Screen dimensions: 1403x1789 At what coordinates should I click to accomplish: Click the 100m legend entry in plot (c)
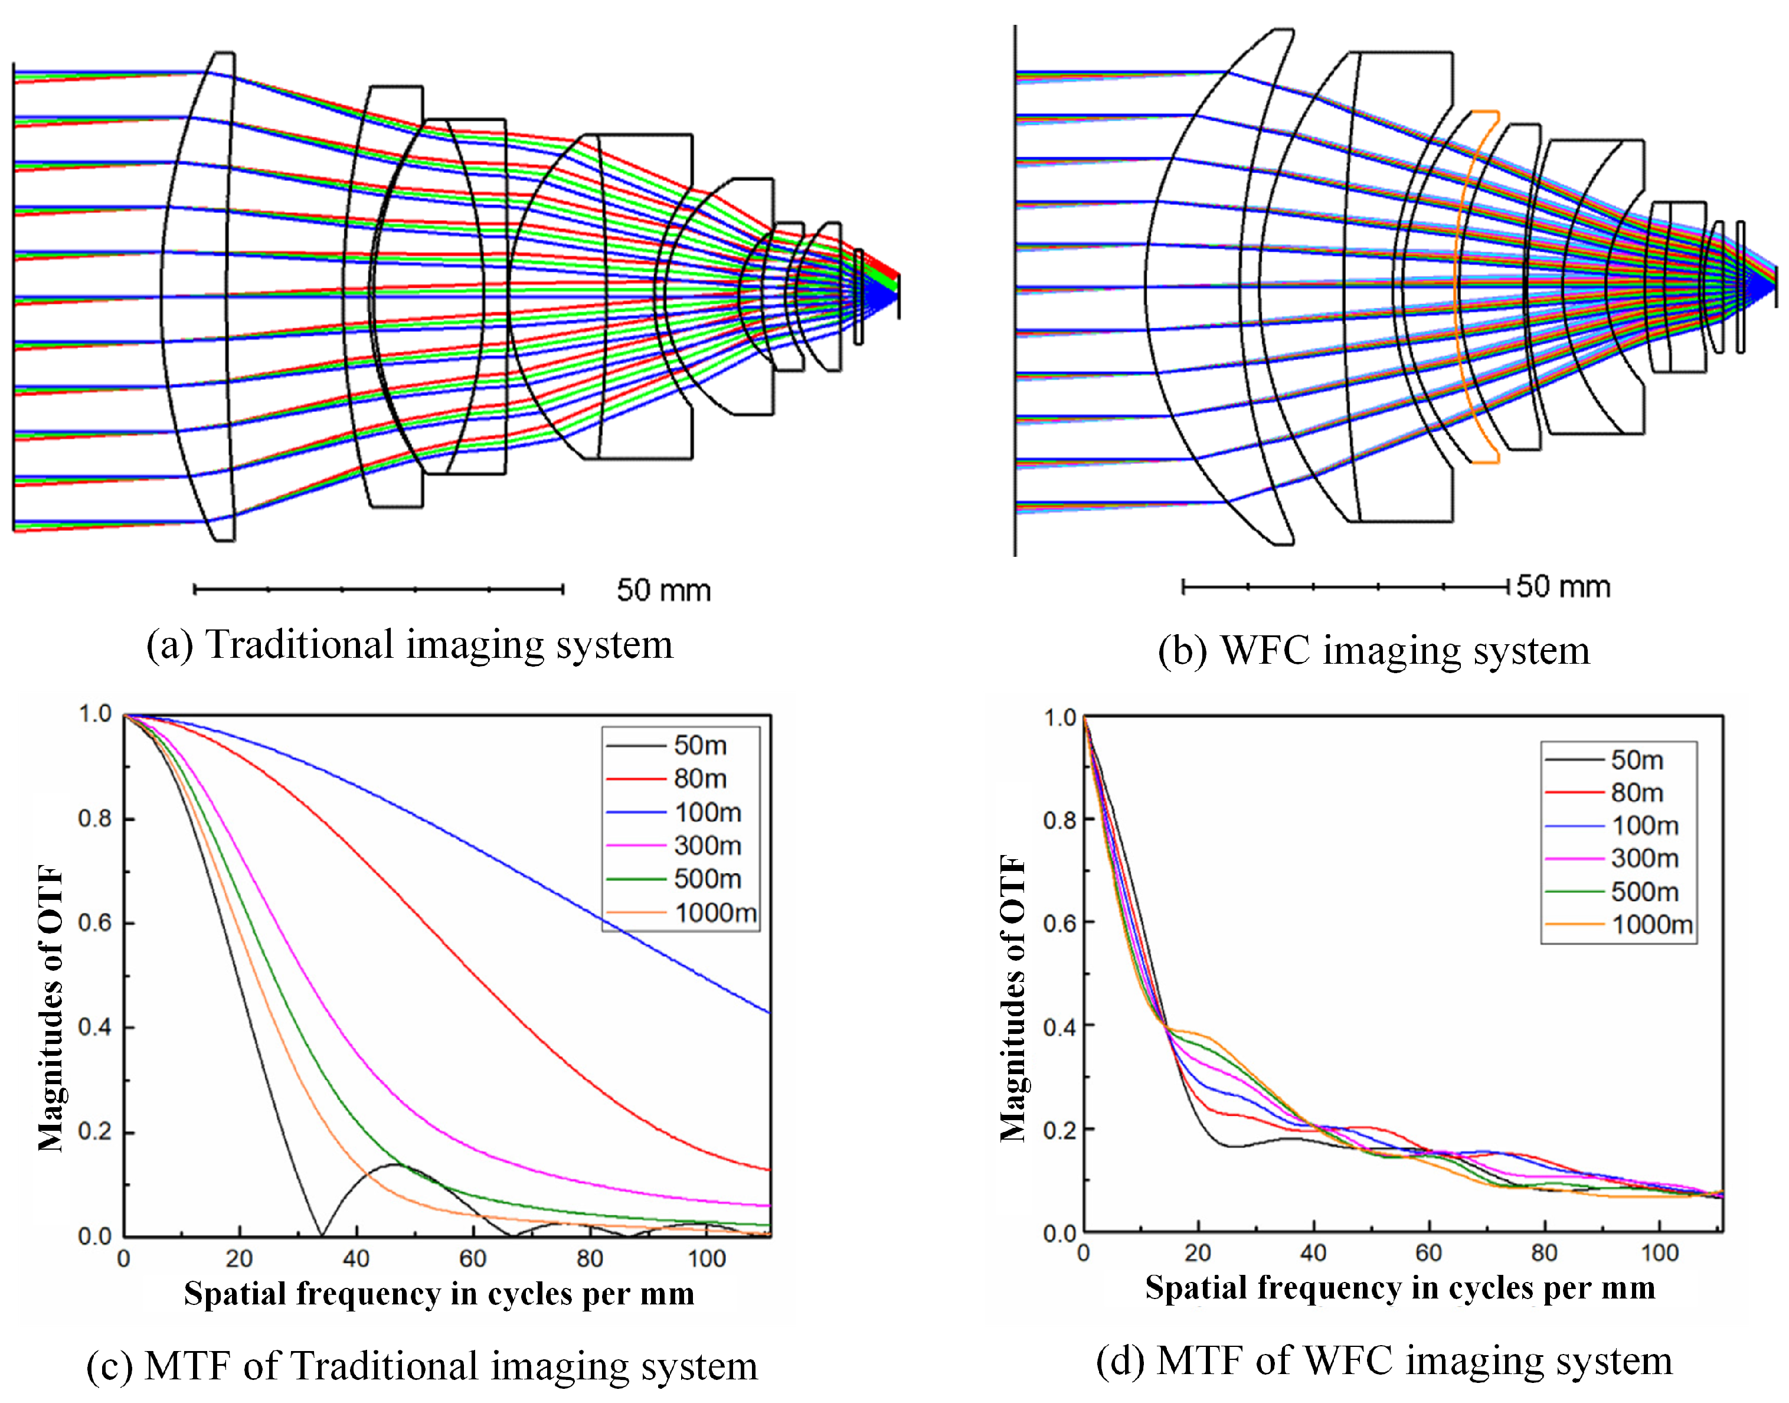[706, 813]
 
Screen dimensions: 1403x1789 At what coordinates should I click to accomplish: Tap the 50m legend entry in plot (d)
[1636, 761]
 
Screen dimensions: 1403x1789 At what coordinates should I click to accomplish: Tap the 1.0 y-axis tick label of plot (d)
[1059, 719]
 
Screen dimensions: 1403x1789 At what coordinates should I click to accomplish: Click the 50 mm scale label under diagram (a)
[663, 590]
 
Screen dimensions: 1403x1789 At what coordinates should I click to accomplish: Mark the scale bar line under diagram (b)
[1345, 586]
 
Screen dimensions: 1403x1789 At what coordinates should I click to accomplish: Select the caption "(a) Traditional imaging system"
[410, 645]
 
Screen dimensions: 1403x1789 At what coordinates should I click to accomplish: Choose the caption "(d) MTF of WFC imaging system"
[1384, 1361]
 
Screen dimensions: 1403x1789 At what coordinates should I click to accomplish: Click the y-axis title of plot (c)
[51, 1008]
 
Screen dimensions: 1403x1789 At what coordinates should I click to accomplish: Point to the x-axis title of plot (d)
[1400, 1288]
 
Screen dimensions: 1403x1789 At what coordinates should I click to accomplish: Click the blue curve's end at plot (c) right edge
[768, 1013]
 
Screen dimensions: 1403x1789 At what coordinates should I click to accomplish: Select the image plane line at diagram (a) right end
[898, 296]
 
